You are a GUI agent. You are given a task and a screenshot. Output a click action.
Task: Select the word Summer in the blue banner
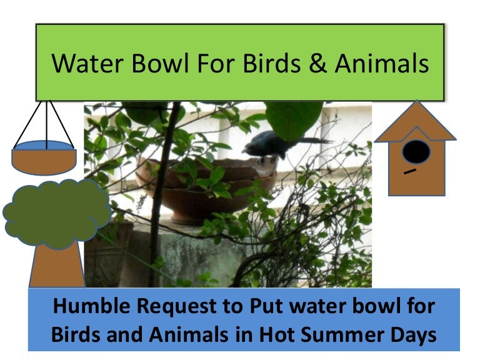point(342,334)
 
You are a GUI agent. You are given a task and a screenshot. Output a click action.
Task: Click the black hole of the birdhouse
point(416,152)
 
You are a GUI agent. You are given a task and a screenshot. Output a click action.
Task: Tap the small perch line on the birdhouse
point(410,172)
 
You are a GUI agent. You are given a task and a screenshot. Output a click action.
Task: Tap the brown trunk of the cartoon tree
point(56,266)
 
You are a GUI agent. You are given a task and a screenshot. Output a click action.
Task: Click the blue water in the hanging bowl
point(44,146)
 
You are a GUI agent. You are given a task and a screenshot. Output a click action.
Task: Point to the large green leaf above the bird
point(294,119)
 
